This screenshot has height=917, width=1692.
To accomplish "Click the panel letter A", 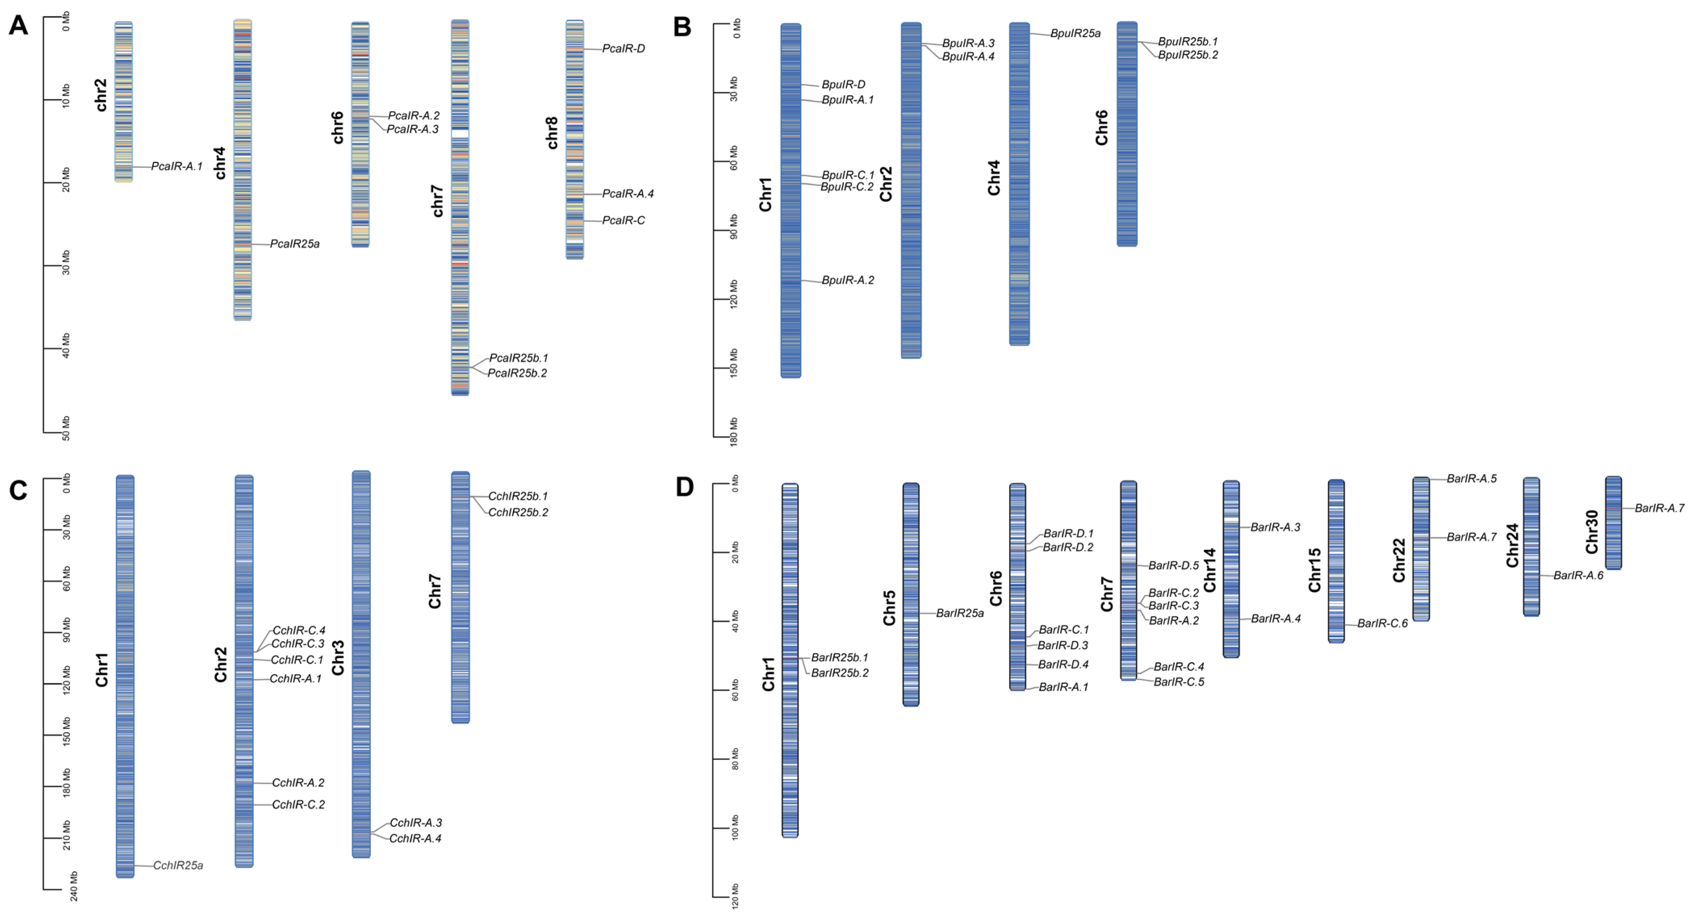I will [x=19, y=26].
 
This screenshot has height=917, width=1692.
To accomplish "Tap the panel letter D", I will [x=684, y=487].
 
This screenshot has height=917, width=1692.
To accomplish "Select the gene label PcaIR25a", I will [x=294, y=244].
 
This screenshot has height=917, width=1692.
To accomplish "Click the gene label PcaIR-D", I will [x=623, y=48].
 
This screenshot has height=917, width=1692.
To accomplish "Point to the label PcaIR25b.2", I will [x=517, y=373].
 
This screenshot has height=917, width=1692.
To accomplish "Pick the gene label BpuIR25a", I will [x=1075, y=33].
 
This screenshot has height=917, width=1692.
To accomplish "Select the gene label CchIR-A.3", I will [x=416, y=823].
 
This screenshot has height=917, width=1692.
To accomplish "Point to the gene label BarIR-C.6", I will [x=1382, y=623].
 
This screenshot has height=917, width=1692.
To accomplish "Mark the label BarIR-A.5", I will [x=1471, y=479].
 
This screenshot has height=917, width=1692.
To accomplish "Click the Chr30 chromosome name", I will [x=1592, y=532].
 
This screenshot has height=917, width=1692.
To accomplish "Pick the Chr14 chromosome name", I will [x=1209, y=570].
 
